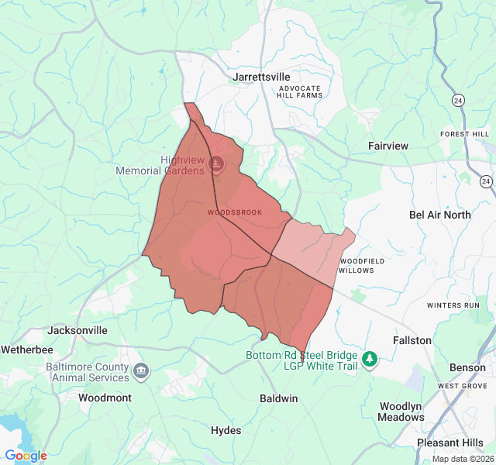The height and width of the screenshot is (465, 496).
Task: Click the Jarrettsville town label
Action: (x=261, y=77)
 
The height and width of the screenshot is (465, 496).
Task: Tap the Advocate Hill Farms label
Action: (x=300, y=92)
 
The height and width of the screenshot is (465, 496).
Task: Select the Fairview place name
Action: (x=388, y=146)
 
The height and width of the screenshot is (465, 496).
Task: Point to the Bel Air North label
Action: (x=439, y=215)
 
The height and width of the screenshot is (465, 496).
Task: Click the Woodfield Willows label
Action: (x=356, y=266)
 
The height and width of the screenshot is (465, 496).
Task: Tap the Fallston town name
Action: (x=412, y=340)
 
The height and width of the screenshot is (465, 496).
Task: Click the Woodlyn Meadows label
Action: (x=401, y=412)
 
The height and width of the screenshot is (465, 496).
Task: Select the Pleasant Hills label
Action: (x=450, y=443)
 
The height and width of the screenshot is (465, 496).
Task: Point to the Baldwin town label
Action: (x=278, y=398)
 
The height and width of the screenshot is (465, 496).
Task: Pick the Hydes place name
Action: (x=226, y=430)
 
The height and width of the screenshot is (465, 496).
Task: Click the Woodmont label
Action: (x=105, y=398)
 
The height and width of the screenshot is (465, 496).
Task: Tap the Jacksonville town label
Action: (x=77, y=330)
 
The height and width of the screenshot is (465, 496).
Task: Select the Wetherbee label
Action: (x=26, y=350)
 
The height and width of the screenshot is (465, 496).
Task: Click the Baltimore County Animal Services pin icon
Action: (x=140, y=370)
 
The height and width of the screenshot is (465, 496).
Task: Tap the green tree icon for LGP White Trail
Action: (x=370, y=359)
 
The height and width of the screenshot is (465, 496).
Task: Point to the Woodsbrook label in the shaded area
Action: (x=235, y=212)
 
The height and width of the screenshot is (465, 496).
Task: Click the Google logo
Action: (x=26, y=456)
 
